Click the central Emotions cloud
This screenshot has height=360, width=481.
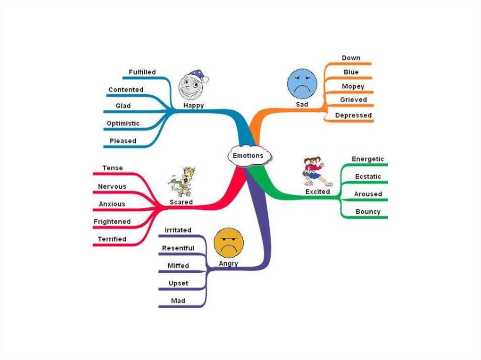(248, 156)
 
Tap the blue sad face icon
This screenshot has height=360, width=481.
(302, 84)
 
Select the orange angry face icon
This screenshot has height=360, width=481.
(228, 242)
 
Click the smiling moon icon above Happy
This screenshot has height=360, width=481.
(192, 84)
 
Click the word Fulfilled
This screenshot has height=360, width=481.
(142, 72)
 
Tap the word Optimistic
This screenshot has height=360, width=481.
(123, 123)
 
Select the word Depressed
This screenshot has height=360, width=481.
(353, 115)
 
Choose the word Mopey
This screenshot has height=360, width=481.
(354, 86)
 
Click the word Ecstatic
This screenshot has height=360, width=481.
(368, 176)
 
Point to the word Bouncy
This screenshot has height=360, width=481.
(368, 212)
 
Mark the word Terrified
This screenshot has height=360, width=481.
(112, 239)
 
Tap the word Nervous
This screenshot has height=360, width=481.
(112, 186)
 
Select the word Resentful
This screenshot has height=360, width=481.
(178, 248)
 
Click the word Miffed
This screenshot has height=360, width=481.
(178, 266)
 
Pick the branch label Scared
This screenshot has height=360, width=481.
(181, 202)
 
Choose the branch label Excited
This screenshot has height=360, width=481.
(318, 191)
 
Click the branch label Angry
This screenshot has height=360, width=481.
(228, 263)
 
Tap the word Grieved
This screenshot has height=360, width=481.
(353, 100)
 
